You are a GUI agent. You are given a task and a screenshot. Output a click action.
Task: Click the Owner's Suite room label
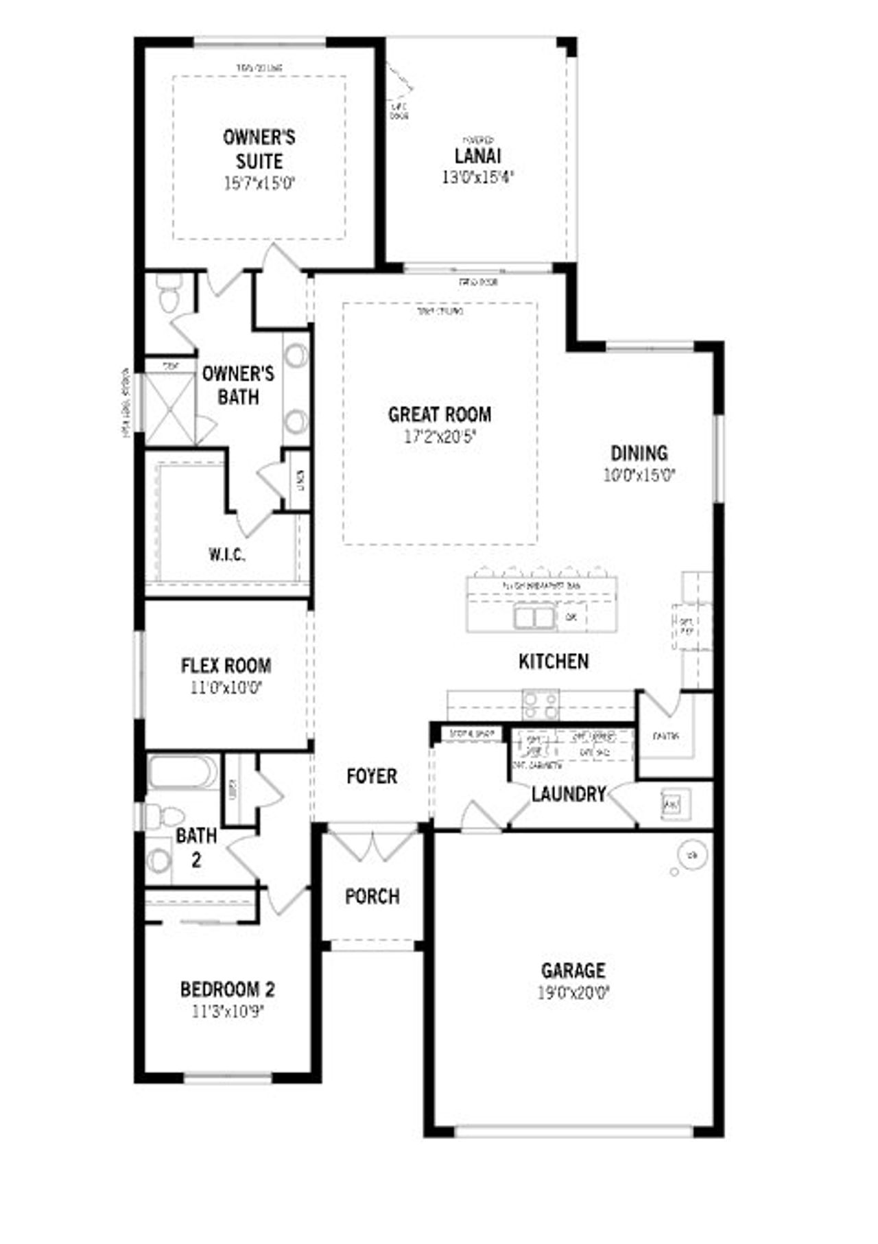click(x=259, y=149)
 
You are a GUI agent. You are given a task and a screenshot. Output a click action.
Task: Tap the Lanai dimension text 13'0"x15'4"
click(x=477, y=177)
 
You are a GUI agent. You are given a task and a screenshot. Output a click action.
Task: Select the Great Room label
click(x=439, y=414)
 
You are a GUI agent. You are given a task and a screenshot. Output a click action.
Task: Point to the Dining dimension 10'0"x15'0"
click(x=639, y=475)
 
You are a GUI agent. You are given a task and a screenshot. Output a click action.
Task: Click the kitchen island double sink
click(x=534, y=617)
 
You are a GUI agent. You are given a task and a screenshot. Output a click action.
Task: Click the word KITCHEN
click(x=553, y=661)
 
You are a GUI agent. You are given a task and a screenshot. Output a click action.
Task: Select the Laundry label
click(x=569, y=794)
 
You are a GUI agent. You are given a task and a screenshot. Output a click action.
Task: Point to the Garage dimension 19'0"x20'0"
click(x=573, y=992)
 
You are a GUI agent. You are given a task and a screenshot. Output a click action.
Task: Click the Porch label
click(x=372, y=896)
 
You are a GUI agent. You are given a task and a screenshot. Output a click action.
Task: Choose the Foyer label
click(x=371, y=776)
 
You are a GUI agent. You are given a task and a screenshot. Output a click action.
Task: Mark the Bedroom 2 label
click(x=227, y=989)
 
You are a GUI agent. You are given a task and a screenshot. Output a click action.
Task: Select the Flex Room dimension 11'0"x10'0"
click(x=226, y=687)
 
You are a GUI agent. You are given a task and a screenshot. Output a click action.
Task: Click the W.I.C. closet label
click(x=226, y=554)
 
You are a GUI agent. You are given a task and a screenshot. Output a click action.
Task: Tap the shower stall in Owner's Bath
click(x=169, y=408)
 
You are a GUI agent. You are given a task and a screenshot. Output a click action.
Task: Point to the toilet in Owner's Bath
click(x=167, y=294)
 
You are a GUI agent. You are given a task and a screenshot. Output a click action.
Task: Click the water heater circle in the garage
click(x=691, y=855)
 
